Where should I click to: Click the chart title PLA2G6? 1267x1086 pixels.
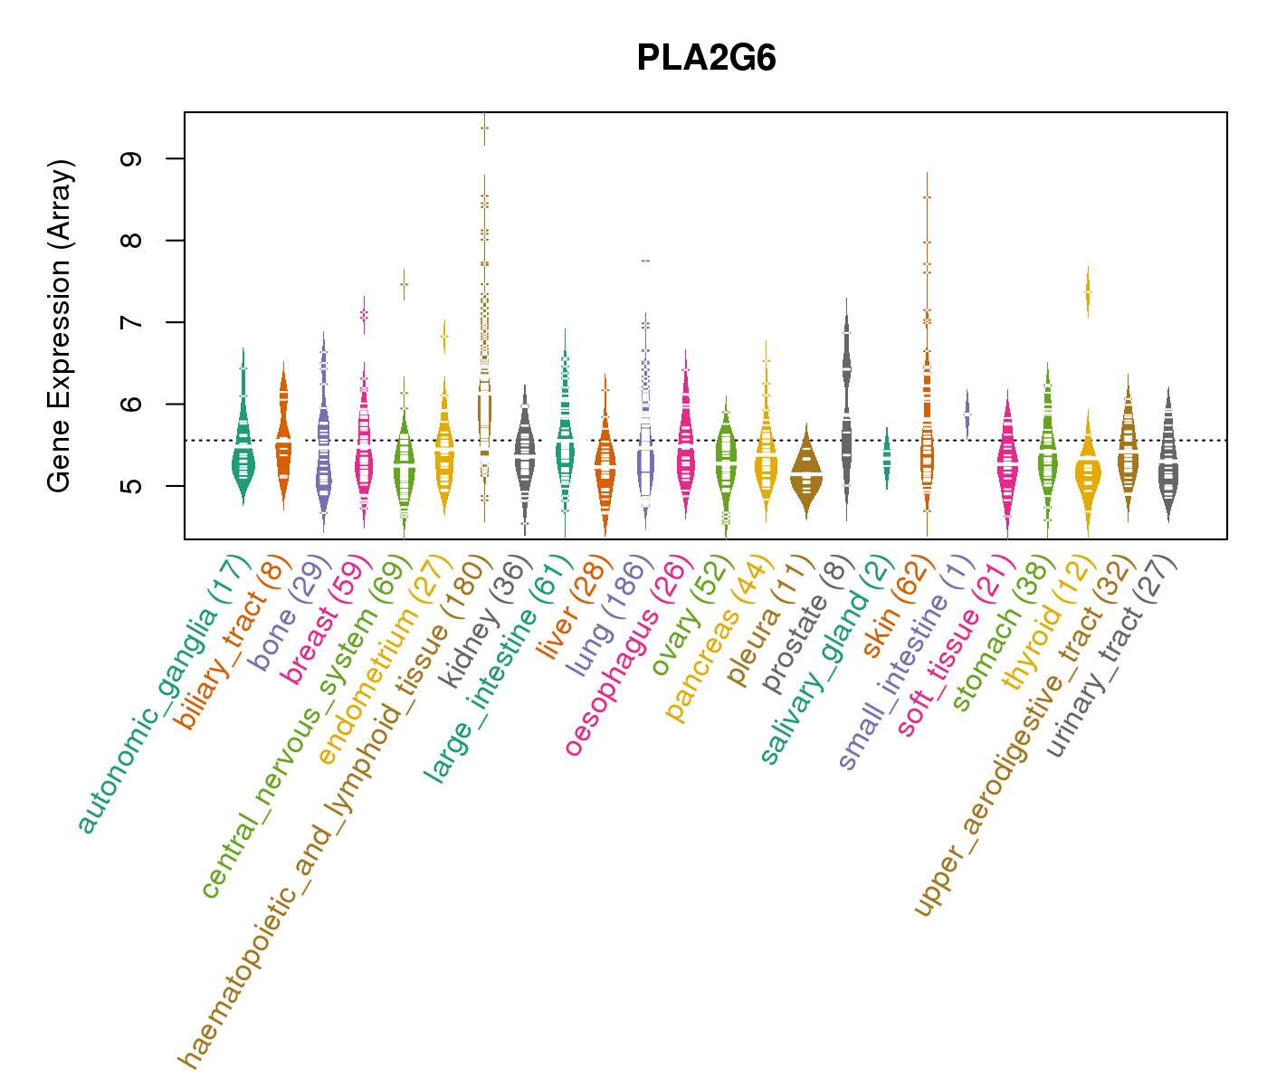point(706,59)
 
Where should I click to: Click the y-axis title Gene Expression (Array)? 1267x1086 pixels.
point(60,327)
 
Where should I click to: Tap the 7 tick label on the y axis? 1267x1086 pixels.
point(136,322)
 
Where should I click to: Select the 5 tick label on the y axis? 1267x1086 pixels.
point(136,486)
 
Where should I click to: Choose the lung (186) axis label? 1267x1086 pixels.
point(609,618)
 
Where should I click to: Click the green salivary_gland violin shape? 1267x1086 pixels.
point(887,457)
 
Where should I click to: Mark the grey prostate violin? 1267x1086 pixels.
point(846,407)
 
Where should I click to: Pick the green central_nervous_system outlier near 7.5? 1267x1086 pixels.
point(404,284)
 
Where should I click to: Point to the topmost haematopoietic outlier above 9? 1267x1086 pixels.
point(485,128)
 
